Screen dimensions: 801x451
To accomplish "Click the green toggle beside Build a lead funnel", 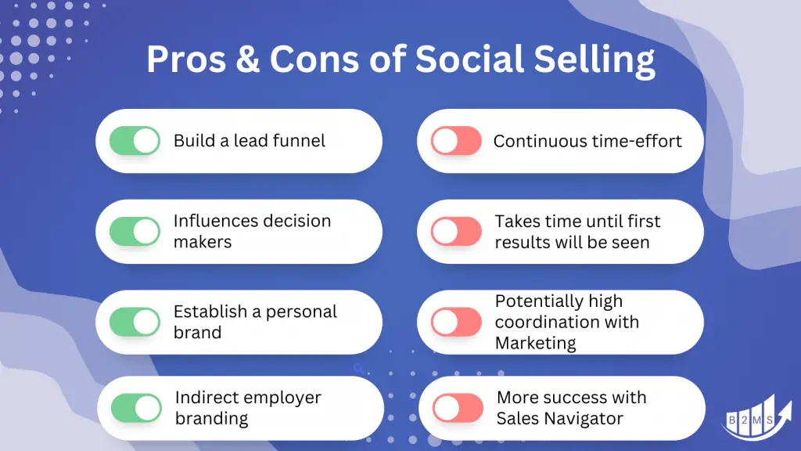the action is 135,141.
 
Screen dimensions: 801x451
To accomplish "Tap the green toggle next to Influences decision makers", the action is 135,231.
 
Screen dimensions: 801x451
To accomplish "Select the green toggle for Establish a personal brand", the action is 135,322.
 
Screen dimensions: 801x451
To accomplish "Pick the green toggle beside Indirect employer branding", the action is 136,408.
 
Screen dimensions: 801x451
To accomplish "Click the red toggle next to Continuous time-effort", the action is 456,141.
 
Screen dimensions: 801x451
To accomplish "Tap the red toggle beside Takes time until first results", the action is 456,231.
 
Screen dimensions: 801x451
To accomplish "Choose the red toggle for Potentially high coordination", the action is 456,322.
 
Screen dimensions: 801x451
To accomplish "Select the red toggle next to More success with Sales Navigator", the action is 458,408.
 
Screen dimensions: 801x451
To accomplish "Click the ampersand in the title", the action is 248,59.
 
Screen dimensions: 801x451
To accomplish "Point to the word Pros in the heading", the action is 186,59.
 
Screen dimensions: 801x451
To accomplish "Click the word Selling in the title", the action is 594,60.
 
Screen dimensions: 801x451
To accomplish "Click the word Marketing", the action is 535,343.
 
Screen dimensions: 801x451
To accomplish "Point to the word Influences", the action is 215,221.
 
